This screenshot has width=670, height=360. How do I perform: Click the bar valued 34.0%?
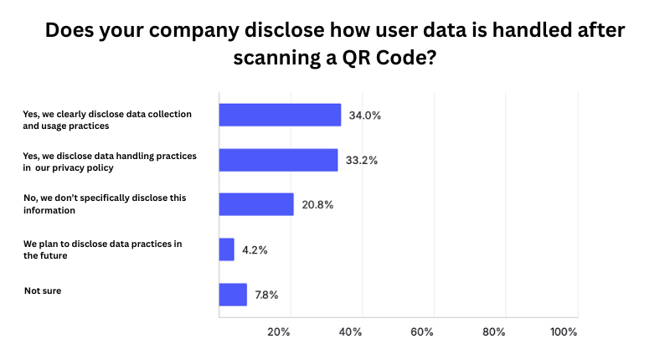tap(280, 115)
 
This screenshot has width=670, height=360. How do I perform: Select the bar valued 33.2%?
tap(278, 160)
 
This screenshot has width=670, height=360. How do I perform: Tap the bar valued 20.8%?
tap(256, 204)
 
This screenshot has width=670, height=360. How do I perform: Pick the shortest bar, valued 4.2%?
tap(226, 249)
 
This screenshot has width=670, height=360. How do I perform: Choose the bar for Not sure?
tap(233, 295)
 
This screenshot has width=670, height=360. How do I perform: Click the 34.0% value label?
tap(365, 116)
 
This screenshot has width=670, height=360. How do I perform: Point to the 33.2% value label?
tap(361, 160)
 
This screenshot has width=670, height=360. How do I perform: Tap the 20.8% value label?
tap(317, 204)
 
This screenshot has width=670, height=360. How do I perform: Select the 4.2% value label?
tap(255, 249)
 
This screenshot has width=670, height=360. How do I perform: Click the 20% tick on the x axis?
tap(278, 332)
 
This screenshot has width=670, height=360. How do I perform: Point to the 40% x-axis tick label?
tap(350, 332)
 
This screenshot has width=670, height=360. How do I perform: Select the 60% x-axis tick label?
tap(422, 332)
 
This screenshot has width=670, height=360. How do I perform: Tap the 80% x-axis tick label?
tap(494, 332)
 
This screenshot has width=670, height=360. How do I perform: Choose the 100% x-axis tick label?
tap(564, 332)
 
